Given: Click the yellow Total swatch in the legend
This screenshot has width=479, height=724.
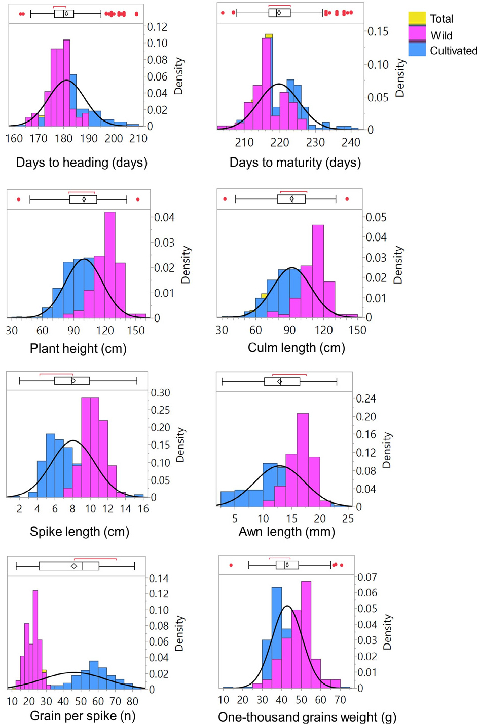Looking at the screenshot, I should click(417, 18).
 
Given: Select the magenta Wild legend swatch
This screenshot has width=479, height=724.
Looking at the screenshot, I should click(417, 33).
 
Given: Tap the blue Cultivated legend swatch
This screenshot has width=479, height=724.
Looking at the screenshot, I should click(417, 49).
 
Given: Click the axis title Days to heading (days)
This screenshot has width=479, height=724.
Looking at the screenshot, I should click(82, 163).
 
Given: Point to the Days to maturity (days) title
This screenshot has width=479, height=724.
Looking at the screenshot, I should click(295, 163).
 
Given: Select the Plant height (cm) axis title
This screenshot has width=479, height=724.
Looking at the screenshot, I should click(78, 348).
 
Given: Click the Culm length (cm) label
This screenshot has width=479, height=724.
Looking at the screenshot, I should click(296, 348).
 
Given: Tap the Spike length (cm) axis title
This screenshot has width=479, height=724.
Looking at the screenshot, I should click(80, 532).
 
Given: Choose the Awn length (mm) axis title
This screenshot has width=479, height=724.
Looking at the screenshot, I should click(287, 532).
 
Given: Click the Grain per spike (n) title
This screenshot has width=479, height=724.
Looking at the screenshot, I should click(83, 716).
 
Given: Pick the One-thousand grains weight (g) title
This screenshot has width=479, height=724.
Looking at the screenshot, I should click(307, 717).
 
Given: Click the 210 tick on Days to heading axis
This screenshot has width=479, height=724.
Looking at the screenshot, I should click(138, 139).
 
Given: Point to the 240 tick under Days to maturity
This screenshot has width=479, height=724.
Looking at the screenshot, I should click(351, 143).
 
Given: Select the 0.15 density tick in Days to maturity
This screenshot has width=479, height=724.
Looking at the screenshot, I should click(378, 31).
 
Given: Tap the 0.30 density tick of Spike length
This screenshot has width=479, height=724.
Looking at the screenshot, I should click(161, 393).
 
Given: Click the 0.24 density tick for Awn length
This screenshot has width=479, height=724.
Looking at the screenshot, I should click(365, 398).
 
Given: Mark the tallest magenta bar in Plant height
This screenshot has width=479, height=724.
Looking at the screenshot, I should click(109, 263).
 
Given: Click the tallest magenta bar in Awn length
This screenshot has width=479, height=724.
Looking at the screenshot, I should click(303, 458).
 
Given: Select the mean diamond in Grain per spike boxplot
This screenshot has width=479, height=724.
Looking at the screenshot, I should click(74, 566).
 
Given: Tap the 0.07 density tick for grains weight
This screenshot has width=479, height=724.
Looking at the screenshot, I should click(367, 577).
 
